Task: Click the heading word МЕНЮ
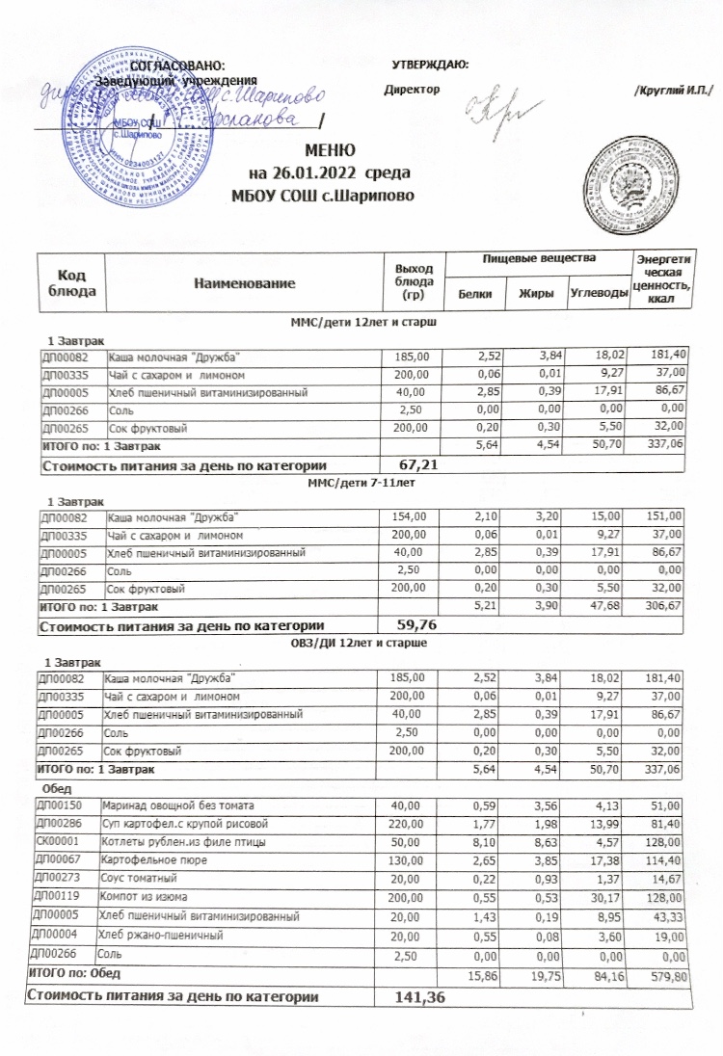(332, 153)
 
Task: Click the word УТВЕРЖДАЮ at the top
(432, 64)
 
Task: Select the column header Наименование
(239, 284)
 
